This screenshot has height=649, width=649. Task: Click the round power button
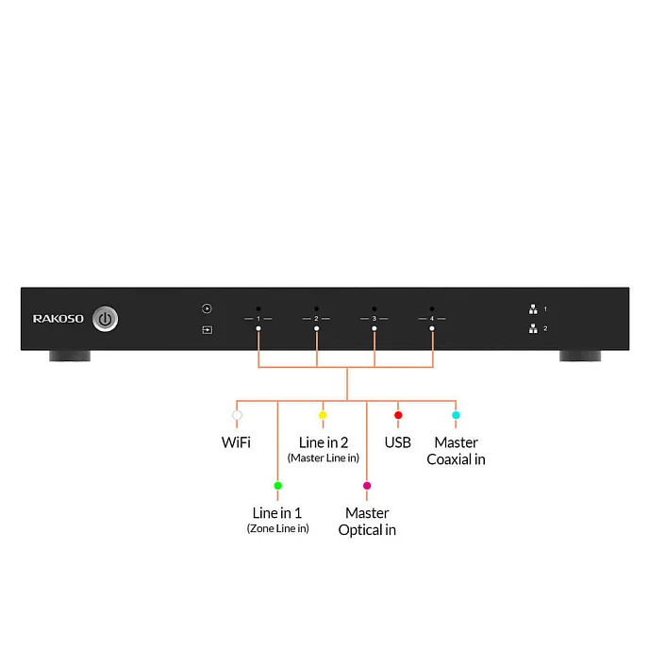pyautogui.click(x=105, y=319)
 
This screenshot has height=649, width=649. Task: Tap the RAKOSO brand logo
pyautogui.click(x=58, y=319)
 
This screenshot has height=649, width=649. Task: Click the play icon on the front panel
pyautogui.click(x=207, y=308)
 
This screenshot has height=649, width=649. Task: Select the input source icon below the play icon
pyautogui.click(x=207, y=330)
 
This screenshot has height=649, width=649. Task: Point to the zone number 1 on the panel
pyautogui.click(x=258, y=319)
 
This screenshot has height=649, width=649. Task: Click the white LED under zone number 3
pyautogui.click(x=374, y=328)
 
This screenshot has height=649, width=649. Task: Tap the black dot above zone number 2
pyautogui.click(x=317, y=308)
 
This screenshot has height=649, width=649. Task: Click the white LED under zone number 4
pyautogui.click(x=432, y=328)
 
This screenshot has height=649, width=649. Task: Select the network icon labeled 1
pyautogui.click(x=533, y=309)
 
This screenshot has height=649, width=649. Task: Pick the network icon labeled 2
pyautogui.click(x=533, y=328)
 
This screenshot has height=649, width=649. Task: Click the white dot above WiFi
pyautogui.click(x=237, y=415)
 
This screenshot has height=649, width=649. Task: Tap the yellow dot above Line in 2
pyautogui.click(x=323, y=415)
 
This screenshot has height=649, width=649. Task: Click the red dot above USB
pyautogui.click(x=398, y=415)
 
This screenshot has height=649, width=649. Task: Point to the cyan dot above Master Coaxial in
pyautogui.click(x=456, y=415)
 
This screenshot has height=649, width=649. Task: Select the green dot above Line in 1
pyautogui.click(x=278, y=486)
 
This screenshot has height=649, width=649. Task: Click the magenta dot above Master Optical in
pyautogui.click(x=367, y=486)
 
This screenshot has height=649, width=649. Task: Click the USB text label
pyautogui.click(x=398, y=442)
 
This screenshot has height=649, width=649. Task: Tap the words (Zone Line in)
pyautogui.click(x=277, y=528)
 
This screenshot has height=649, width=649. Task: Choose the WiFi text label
pyautogui.click(x=236, y=442)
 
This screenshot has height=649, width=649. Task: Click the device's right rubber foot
pyautogui.click(x=580, y=356)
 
